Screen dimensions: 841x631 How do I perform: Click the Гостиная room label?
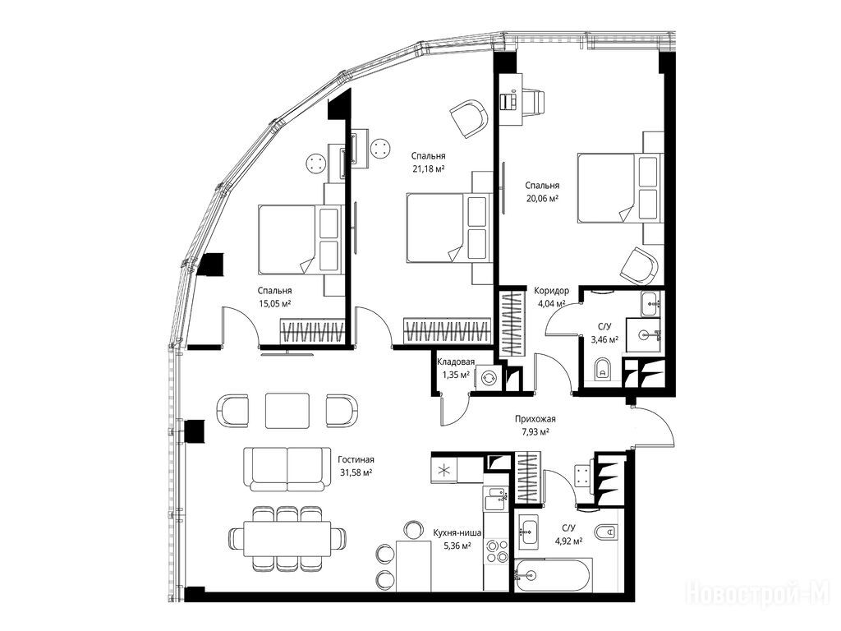tap(356, 459)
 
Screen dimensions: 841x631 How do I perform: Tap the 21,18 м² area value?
tap(428, 168)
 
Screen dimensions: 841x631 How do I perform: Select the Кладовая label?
tap(456, 362)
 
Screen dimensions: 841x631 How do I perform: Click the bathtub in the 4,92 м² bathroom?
tap(554, 574)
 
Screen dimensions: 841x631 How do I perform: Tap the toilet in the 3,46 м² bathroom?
tap(604, 369)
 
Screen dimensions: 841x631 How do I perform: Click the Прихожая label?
tap(535, 419)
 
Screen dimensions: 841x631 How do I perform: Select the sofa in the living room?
tap(287, 468)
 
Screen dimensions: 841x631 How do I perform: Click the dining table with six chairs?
tap(287, 538)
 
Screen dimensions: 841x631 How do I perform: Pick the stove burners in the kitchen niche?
tap(497, 551)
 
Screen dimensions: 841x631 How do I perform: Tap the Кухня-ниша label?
tap(457, 532)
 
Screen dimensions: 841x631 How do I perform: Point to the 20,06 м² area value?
tap(542, 198)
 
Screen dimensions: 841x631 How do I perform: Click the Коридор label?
tap(551, 291)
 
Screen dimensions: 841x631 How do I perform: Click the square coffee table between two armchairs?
tap(287, 411)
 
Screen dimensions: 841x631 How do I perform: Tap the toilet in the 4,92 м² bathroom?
tap(606, 532)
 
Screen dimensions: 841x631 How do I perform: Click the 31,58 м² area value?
tap(356, 472)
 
